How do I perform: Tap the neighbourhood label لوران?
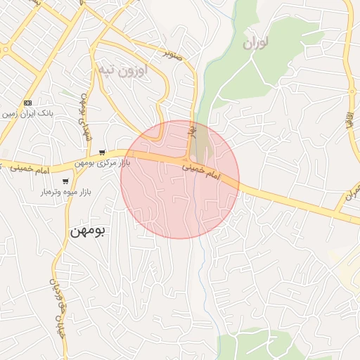click(x=256, y=43)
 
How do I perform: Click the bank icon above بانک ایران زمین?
click(x=28, y=103)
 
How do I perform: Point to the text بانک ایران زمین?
click(x=28, y=112)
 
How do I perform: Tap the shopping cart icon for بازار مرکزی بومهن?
click(x=103, y=153)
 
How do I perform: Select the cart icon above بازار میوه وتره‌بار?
click(x=65, y=181)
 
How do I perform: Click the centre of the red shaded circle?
click(x=180, y=179)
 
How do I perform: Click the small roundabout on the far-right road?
click(x=351, y=90)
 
